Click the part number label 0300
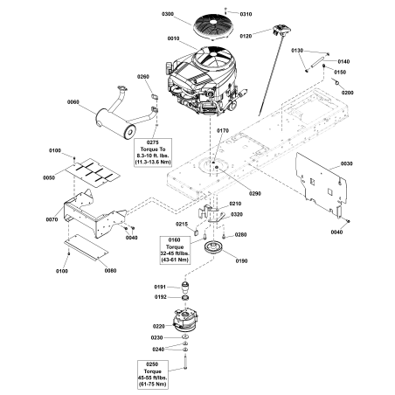pyautogui.click(x=168, y=15)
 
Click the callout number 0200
pyautogui.click(x=347, y=92)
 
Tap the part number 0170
pyautogui.click(x=222, y=130)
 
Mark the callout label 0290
pyautogui.click(x=255, y=193)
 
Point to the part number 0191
pyautogui.click(x=160, y=286)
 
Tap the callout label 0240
pyautogui.click(x=158, y=349)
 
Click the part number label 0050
pyautogui.click(x=50, y=177)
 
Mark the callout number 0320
pyautogui.click(x=237, y=213)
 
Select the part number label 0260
pyautogui.click(x=143, y=77)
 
